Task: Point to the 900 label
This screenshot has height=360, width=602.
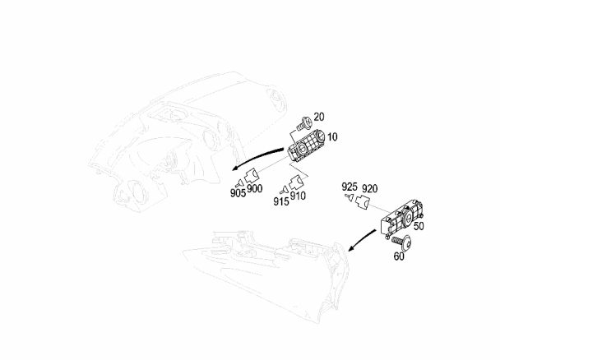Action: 256,188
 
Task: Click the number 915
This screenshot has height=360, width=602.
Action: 280,202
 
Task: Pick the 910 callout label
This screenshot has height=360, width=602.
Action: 298,196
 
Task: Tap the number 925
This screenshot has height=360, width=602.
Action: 350,187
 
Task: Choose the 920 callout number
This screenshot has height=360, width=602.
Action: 370,187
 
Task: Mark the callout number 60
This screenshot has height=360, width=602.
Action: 399,256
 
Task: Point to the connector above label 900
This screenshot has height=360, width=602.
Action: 252,174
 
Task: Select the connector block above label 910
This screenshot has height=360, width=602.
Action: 295,182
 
